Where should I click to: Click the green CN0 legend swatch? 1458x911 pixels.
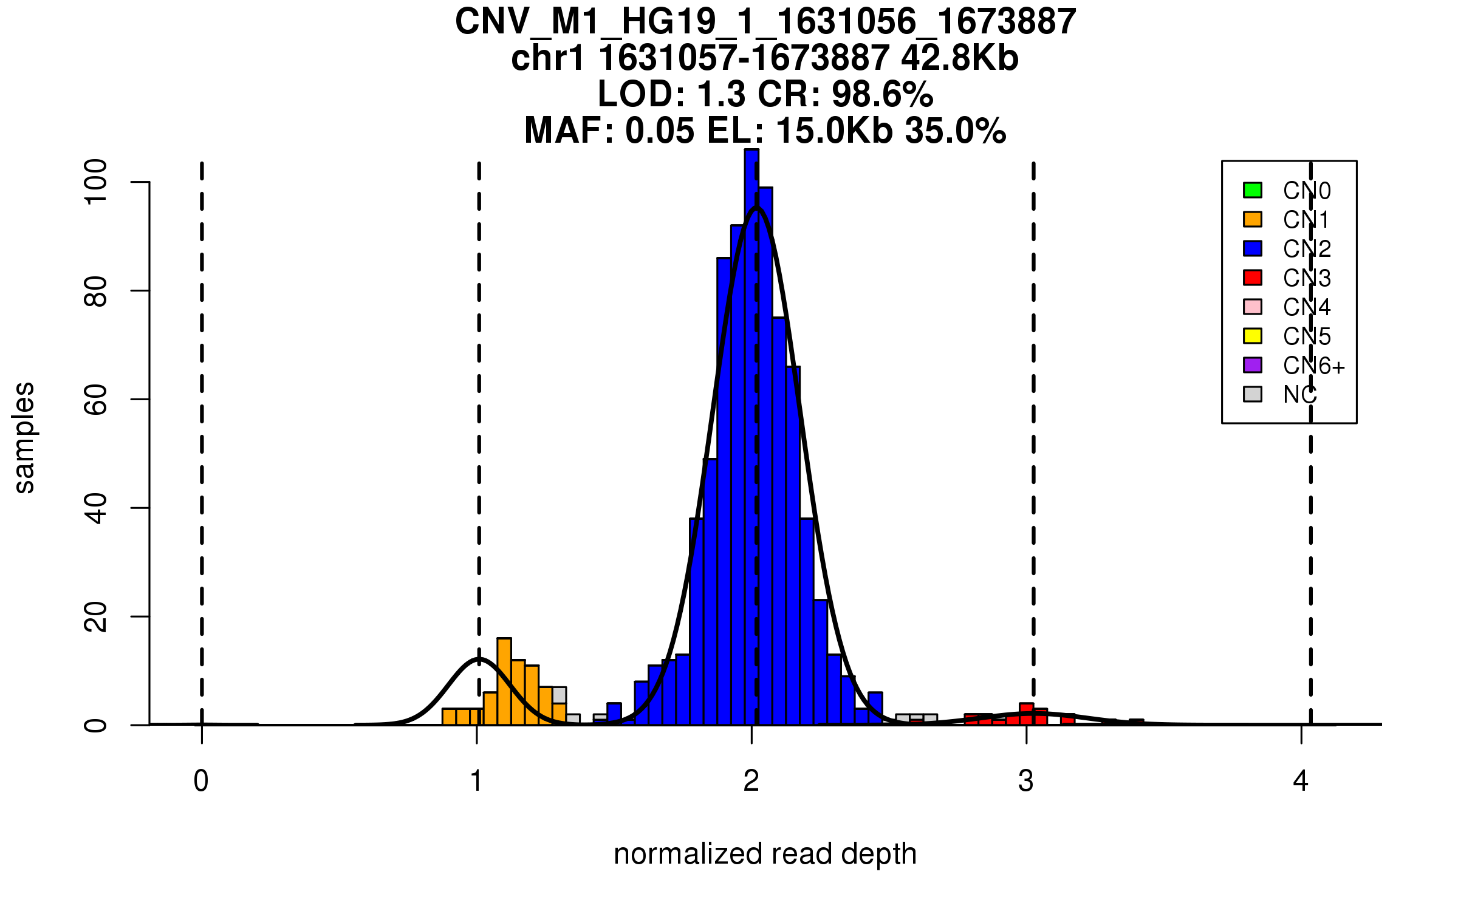[x=1253, y=190]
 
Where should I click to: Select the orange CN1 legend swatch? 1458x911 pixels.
[x=1253, y=219]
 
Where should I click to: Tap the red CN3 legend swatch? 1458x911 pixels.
[x=1253, y=278]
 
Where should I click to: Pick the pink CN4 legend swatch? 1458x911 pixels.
[x=1253, y=307]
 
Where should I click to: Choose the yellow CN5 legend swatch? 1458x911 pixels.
[x=1253, y=336]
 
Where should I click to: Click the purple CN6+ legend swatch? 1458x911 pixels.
[x=1253, y=365]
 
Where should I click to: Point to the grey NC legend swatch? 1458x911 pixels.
[x=1253, y=394]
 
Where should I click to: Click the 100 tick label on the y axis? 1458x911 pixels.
[x=96, y=182]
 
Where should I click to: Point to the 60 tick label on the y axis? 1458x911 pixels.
[x=96, y=399]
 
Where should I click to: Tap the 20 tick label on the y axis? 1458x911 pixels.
[x=96, y=616]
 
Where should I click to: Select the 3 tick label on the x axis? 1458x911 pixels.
[x=1026, y=781]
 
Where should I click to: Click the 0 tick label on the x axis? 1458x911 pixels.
[x=201, y=781]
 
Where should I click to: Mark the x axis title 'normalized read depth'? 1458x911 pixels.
[x=765, y=854]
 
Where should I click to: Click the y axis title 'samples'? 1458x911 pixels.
[x=24, y=437]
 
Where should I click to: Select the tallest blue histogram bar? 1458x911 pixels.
[x=751, y=437]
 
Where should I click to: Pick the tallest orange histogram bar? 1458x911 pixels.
[x=504, y=681]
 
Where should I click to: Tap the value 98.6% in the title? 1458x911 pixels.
[x=882, y=95]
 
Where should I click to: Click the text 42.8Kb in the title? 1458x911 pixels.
[x=960, y=58]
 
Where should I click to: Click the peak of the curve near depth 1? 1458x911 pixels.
[x=479, y=659]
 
